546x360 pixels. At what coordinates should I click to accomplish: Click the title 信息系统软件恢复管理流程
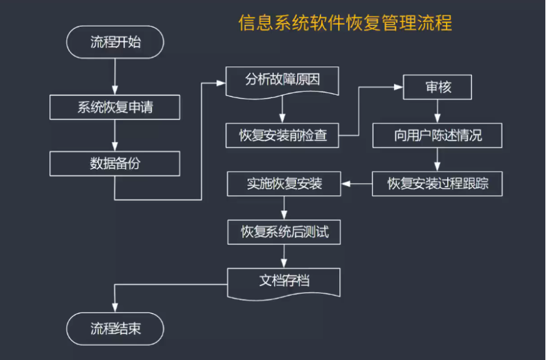pos(345,24)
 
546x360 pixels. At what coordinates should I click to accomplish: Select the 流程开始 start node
pos(115,43)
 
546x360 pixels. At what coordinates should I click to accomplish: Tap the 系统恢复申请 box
pos(115,107)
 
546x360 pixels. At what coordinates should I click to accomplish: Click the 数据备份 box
pos(115,163)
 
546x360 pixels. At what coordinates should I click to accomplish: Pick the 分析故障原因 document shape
pos(283,81)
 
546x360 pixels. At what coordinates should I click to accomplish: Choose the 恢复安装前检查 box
pos(283,136)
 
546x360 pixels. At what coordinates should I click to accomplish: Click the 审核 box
pos(437,87)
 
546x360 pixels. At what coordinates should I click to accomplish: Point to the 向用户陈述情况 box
pos(437,136)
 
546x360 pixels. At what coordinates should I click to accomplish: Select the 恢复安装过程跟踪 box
pos(437,184)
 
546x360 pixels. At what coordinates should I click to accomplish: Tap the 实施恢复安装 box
pos(284,184)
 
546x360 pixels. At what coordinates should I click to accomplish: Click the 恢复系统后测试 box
pos(284,232)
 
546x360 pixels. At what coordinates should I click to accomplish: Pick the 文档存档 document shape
pos(284,281)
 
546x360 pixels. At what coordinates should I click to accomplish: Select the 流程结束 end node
pos(115,329)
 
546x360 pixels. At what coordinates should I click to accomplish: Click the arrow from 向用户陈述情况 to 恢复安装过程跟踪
pos(437,160)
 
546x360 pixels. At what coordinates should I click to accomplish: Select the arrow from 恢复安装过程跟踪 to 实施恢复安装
pos(356,184)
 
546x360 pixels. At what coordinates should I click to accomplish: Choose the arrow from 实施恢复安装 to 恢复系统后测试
pos(284,208)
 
